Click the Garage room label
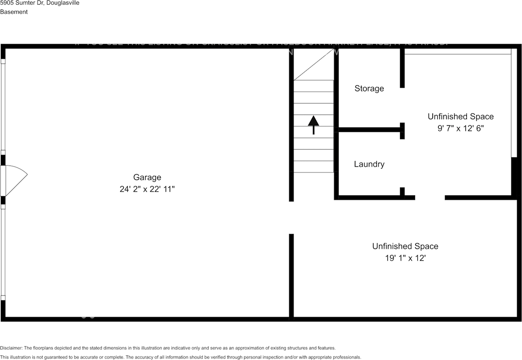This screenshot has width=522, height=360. (x=147, y=177)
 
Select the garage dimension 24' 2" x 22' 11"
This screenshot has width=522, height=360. (x=147, y=189)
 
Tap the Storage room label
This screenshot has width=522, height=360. (x=369, y=89)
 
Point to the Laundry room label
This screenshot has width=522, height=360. (x=369, y=164)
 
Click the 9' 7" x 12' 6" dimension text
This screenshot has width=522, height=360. (x=460, y=129)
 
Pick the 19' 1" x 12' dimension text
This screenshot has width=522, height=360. (x=405, y=258)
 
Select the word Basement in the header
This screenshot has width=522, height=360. (x=14, y=12)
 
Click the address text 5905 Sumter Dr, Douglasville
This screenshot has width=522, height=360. (x=40, y=3)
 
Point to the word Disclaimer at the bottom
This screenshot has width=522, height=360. (x=11, y=348)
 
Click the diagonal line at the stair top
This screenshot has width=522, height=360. (x=314, y=64)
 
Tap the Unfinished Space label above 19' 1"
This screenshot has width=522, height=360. (x=405, y=246)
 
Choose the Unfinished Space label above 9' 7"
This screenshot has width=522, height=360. (x=460, y=116)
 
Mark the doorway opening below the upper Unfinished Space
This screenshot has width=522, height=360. (x=430, y=198)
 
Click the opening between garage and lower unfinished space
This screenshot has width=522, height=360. (x=291, y=218)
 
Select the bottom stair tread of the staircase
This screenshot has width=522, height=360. (x=314, y=167)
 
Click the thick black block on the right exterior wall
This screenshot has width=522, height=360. (x=515, y=176)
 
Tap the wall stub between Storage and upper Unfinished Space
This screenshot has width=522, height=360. (x=402, y=68)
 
